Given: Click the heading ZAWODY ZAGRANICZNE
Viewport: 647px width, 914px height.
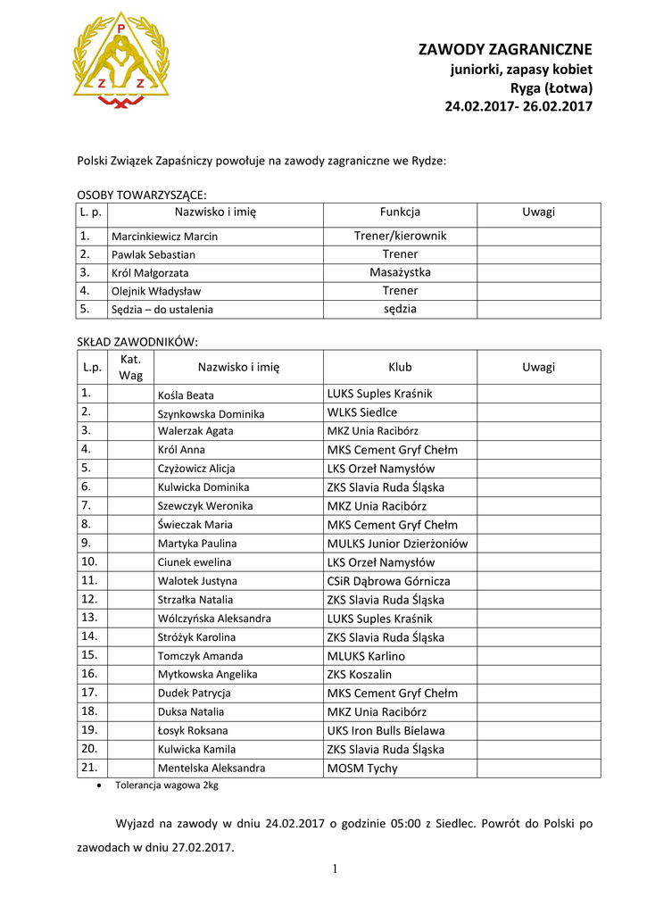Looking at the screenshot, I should click(x=505, y=50).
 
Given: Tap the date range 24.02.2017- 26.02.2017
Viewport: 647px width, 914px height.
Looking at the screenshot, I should click(x=518, y=107).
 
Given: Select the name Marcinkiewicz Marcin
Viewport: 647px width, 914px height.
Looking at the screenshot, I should click(x=164, y=237).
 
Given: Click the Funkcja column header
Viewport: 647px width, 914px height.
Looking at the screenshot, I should click(x=400, y=212).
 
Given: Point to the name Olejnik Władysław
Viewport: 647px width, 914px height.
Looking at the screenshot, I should click(x=156, y=291).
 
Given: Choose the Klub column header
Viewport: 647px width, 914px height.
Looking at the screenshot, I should click(x=400, y=367).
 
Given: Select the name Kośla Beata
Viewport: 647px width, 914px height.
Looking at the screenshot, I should click(x=186, y=395).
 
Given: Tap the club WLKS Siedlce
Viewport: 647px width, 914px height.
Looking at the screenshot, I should click(x=362, y=412).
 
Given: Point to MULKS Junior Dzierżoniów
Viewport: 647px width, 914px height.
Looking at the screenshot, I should click(x=397, y=544).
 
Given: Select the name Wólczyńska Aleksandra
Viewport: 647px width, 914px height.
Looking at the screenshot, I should click(x=214, y=619).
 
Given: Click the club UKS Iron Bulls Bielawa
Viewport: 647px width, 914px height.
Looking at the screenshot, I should click(x=386, y=730).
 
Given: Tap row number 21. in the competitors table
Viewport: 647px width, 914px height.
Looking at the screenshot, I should click(x=89, y=768).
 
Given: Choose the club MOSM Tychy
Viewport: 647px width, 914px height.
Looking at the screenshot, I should click(x=362, y=768).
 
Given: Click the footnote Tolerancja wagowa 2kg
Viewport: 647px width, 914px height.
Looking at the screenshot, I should click(x=166, y=785).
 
